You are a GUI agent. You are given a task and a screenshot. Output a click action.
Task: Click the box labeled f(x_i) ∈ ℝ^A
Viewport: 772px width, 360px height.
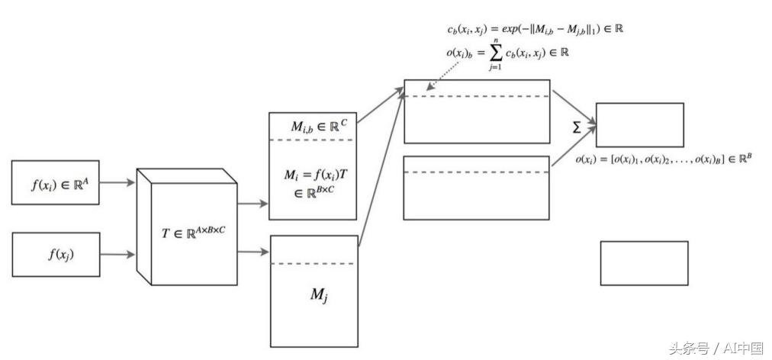[55, 183]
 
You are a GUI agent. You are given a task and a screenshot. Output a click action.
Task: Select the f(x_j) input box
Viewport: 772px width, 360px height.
[55, 255]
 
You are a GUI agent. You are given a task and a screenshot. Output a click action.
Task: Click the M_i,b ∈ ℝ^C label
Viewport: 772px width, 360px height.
[314, 125]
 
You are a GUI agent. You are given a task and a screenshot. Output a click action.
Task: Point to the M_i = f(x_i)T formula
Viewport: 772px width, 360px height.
[312, 182]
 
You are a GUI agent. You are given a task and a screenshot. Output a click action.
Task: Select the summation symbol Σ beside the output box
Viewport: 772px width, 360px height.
[577, 128]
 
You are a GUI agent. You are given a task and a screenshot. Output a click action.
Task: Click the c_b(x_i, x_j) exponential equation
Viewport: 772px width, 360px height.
[537, 29]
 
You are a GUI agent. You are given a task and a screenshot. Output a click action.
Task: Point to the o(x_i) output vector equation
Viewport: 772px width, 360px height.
[664, 159]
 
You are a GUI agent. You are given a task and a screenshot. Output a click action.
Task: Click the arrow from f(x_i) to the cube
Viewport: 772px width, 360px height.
[117, 183]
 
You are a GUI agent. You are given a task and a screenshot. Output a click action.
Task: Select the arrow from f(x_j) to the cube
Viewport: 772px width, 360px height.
[117, 255]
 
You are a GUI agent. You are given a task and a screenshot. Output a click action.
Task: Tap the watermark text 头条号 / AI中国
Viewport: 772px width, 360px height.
[716, 348]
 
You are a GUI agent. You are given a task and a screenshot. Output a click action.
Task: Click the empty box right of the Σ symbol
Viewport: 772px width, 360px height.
[639, 124]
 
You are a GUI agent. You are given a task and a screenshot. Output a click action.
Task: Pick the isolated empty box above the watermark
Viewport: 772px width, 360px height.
[644, 263]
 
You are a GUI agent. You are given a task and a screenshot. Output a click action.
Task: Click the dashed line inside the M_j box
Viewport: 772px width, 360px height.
[314, 264]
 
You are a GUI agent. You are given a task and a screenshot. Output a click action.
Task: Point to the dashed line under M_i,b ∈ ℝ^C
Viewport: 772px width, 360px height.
[313, 140]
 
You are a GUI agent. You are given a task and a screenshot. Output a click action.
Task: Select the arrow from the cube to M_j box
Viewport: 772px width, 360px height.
[254, 249]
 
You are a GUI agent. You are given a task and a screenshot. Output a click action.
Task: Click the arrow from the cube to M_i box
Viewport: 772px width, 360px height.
[253, 204]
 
